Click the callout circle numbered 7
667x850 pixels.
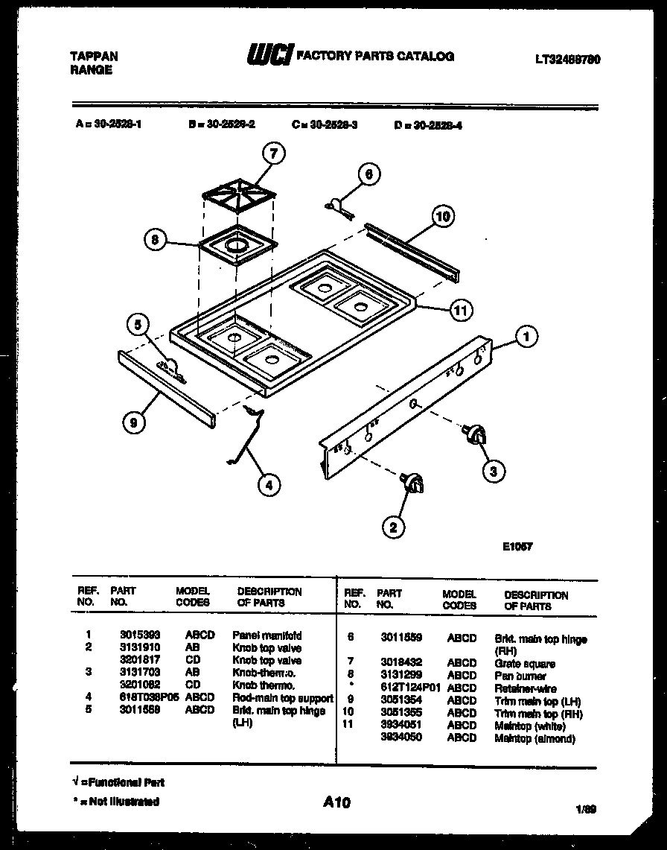[274, 154]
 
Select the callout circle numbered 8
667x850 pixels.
[155, 241]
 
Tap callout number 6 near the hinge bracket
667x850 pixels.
[367, 175]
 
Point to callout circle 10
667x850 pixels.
[442, 217]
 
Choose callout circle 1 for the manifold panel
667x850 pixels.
[526, 337]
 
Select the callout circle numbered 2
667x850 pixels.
[393, 527]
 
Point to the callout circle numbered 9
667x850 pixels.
[134, 422]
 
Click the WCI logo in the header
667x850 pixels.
[269, 56]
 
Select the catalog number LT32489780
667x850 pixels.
[568, 60]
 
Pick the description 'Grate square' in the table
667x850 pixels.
[525, 664]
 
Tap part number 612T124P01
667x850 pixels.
[406, 688]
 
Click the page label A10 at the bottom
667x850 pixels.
[336, 802]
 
